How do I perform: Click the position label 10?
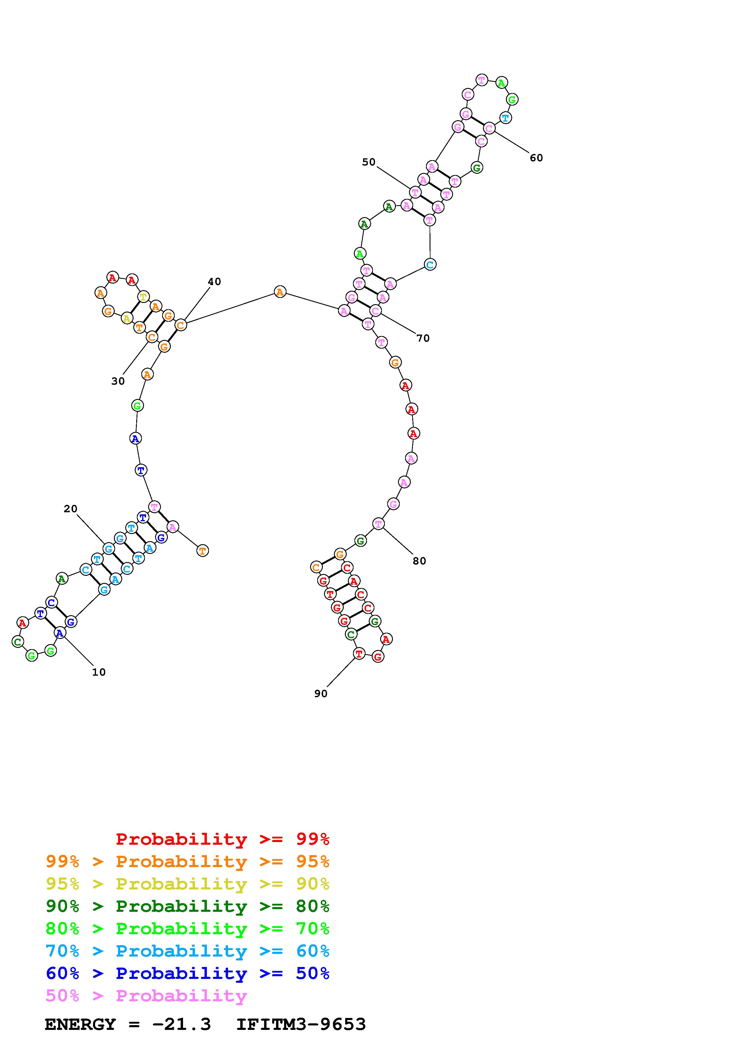coord(99,672)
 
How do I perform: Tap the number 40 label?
coord(214,281)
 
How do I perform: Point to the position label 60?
coord(536,158)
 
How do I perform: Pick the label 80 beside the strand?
coord(419,561)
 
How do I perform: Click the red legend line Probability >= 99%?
coord(223,839)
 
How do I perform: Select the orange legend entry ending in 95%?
coord(188,861)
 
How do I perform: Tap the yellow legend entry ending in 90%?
coord(188,884)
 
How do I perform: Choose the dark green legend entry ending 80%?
coord(188,906)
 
